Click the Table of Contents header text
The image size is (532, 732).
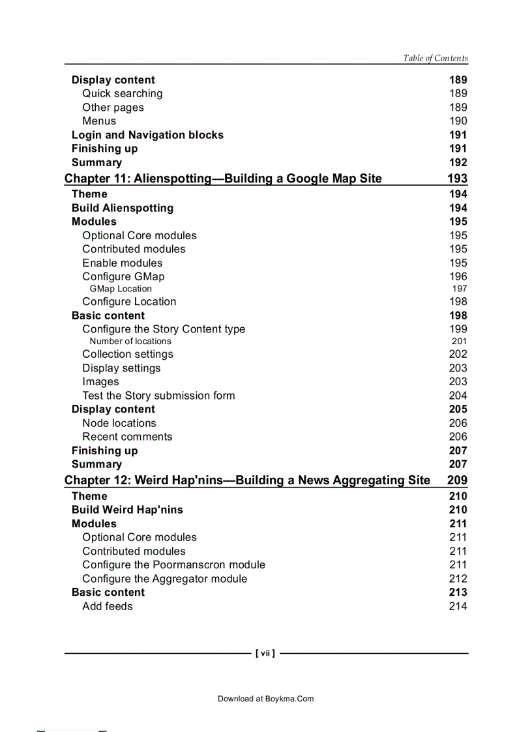[435, 58]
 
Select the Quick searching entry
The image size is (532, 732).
[122, 94]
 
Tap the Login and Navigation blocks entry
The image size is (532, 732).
[147, 135]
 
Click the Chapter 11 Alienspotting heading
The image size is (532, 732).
[223, 179]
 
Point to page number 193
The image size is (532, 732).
[457, 179]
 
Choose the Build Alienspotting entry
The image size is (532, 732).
[123, 208]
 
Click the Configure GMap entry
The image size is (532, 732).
[123, 276]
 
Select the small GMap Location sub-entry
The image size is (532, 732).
[121, 289]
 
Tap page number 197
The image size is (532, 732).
[459, 289]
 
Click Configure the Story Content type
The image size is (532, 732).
[164, 329]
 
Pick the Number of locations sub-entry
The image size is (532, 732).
[130, 341]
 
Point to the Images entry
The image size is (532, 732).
[100, 382]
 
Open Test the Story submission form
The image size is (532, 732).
[158, 396]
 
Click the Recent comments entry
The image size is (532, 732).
[127, 437]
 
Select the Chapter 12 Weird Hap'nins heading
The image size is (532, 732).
[247, 480]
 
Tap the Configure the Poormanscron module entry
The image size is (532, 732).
[173, 564]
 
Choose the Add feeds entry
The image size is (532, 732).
[107, 606]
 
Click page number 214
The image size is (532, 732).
[458, 606]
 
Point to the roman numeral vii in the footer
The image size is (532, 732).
[265, 653]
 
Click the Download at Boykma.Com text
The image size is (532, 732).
[265, 699]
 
